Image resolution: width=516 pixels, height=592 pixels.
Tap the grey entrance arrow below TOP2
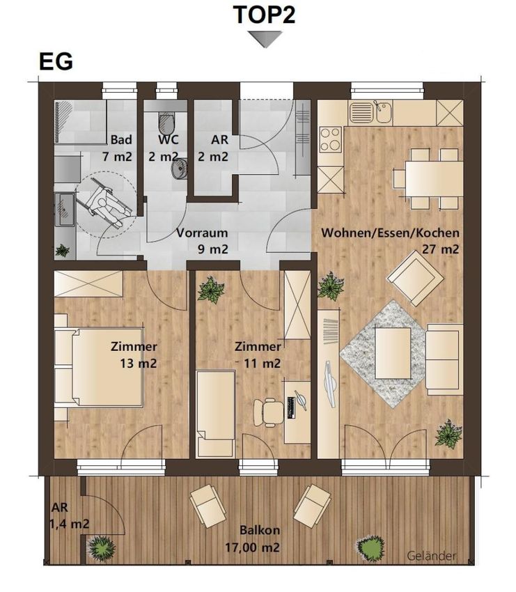(265, 39)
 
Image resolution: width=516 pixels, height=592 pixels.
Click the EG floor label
(56, 62)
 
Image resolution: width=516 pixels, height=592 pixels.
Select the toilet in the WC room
(166, 121)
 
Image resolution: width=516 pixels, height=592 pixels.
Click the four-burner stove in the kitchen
(331, 139)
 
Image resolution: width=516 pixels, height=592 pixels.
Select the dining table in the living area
(434, 178)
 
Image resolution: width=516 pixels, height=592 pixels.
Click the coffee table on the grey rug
(393, 352)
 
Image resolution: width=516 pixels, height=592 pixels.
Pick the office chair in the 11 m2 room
(269, 412)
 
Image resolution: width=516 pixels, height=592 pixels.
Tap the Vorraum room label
(203, 233)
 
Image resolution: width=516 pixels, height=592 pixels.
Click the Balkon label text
(260, 530)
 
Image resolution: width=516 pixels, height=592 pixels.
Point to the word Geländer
(432, 556)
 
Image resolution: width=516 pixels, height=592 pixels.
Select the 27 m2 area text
(441, 249)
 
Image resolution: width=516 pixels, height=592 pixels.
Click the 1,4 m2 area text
(69, 524)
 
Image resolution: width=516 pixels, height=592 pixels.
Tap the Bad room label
(121, 140)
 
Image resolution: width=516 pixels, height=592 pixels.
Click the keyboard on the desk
(291, 407)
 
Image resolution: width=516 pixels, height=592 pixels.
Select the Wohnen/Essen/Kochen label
(390, 233)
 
